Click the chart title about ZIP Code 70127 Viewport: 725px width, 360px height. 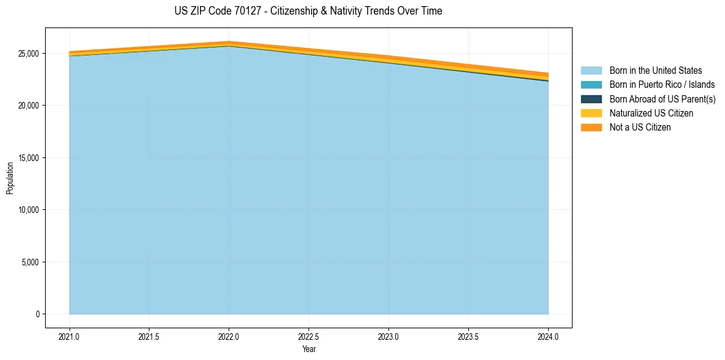pos(308,11)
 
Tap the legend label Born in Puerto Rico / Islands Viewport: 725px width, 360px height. pos(662,85)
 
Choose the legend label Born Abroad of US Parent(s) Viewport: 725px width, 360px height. pos(662,99)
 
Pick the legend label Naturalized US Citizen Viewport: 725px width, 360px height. pos(651,113)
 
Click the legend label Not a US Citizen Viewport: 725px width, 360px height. pos(640,128)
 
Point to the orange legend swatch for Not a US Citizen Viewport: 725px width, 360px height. pos(591,128)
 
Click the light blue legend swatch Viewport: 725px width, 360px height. pos(591,71)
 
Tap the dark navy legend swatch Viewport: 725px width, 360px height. pos(591,99)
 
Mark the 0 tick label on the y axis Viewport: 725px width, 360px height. pos(38,314)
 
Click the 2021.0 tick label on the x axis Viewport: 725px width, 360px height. pos(70,336)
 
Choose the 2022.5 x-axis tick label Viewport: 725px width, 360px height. pos(309,336)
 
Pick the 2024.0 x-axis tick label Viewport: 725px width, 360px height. pos(548,336)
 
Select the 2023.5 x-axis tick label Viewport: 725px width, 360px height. pos(468,336)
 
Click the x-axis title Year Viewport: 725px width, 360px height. pos(309,349)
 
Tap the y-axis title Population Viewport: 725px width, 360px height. pos(10,178)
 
